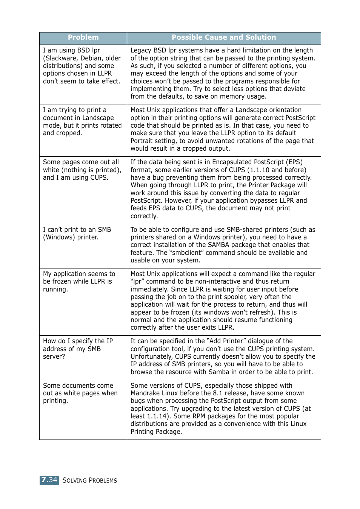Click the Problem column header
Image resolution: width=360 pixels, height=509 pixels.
[83, 37]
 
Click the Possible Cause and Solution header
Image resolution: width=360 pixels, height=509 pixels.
[224, 37]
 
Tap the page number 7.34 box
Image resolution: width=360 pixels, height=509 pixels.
[49, 480]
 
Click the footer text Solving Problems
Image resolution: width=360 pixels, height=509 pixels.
[89, 480]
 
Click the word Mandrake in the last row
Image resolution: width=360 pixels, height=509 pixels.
[145, 393]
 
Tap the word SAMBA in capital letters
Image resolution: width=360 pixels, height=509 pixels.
[218, 245]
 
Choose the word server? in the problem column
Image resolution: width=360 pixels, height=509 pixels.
[54, 356]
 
